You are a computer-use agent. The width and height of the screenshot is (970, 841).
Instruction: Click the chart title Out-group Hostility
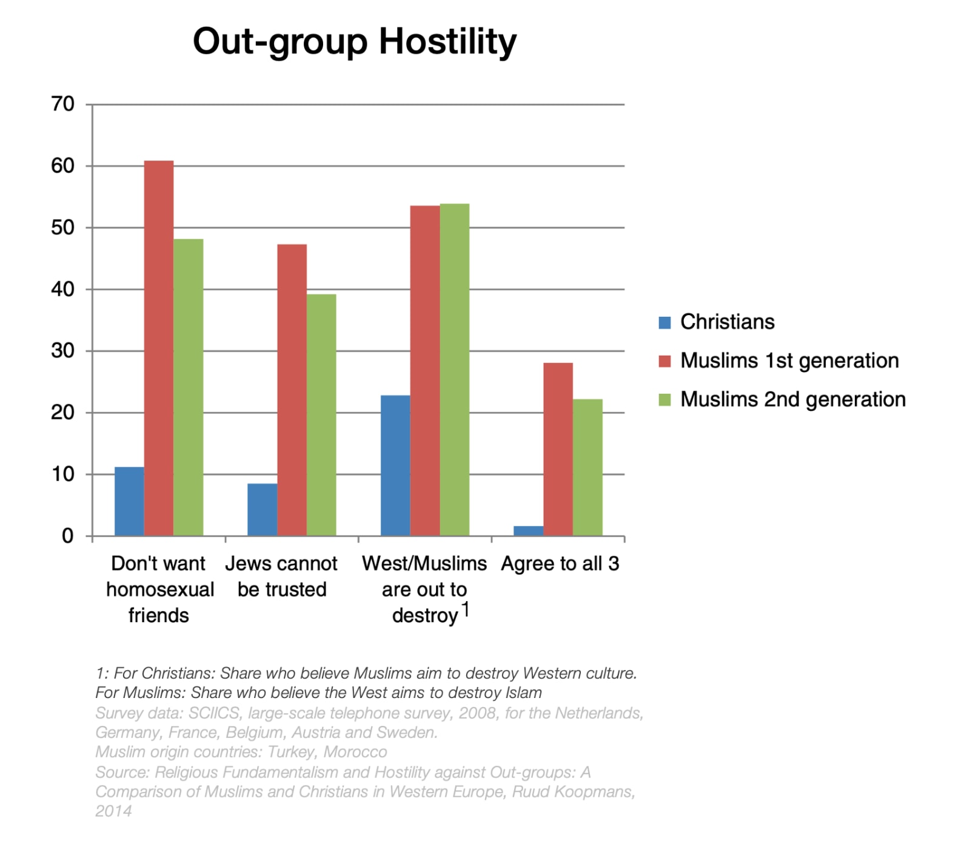tap(355, 42)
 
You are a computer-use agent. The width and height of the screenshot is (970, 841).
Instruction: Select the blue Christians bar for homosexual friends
tap(129, 501)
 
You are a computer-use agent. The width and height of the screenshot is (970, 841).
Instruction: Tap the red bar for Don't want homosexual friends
tap(159, 348)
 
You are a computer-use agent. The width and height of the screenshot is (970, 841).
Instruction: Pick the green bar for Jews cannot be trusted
tap(321, 415)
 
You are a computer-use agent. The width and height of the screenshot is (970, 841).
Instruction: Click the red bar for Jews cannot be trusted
tap(292, 390)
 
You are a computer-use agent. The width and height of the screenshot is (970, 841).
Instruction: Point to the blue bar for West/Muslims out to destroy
tap(395, 465)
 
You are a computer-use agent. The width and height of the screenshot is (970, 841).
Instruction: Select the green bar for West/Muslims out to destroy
tap(455, 370)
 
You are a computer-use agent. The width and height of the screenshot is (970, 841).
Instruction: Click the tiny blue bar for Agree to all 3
tap(529, 531)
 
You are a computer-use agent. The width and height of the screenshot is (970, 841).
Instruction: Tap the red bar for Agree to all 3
tap(558, 449)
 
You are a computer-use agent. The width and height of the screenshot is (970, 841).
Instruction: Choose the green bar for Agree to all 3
tap(588, 467)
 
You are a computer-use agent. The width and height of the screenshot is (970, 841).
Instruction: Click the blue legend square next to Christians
tap(665, 322)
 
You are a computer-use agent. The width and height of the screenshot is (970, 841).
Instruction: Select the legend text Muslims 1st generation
tap(789, 361)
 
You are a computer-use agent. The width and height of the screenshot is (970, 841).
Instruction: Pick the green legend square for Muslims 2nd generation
tap(665, 400)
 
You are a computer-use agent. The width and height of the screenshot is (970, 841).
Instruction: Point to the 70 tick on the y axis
tap(63, 104)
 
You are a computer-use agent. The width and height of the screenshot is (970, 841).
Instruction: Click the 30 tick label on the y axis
tap(63, 351)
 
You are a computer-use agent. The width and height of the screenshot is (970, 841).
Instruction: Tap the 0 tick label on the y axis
tap(68, 536)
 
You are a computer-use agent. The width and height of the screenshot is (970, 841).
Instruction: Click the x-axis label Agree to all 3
tap(560, 563)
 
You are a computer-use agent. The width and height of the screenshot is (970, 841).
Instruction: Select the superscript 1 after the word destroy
tap(466, 609)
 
